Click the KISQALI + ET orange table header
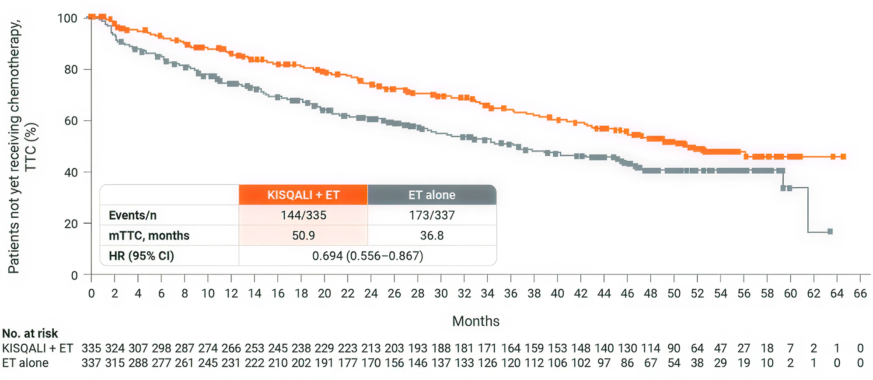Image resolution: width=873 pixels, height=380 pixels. click(x=303, y=195)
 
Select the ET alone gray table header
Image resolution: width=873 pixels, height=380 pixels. click(x=432, y=195)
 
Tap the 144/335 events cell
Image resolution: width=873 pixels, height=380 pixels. click(x=303, y=215)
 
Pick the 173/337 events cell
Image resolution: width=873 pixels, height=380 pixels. click(x=432, y=215)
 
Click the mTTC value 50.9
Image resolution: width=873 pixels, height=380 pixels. click(x=303, y=236)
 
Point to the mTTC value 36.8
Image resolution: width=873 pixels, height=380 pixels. click(x=432, y=236)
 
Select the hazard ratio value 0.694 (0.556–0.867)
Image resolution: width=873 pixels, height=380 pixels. click(x=367, y=256)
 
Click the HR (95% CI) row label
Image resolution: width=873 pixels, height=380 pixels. click(x=141, y=256)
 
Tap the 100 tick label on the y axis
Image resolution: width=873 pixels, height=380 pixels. click(x=67, y=18)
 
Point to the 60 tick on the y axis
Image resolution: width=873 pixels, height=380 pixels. click(x=71, y=121)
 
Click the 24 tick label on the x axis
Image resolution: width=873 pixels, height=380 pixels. click(x=371, y=293)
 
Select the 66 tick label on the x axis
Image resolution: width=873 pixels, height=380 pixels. click(x=860, y=293)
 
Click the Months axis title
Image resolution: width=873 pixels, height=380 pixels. click(x=475, y=321)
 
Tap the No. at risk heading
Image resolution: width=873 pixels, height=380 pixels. click(x=30, y=334)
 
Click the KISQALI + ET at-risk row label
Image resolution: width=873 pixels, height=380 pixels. click(x=38, y=348)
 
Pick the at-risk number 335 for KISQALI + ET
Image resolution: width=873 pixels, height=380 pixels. click(x=91, y=348)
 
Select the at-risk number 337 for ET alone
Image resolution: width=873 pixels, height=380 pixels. click(x=91, y=363)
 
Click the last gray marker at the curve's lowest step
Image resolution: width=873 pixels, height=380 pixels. click(x=830, y=231)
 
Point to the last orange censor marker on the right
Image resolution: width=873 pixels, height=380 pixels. click(x=843, y=157)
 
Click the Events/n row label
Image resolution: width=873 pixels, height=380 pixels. click(x=133, y=215)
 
